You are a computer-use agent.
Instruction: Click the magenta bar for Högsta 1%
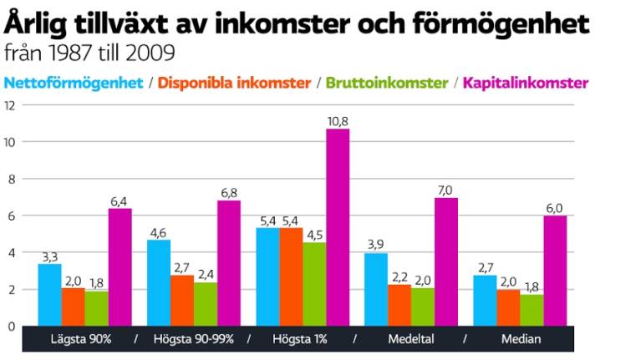pyautogui.click(x=338, y=227)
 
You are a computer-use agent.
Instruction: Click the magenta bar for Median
pyautogui.click(x=555, y=271)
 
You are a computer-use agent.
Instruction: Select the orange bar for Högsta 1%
pyautogui.click(x=292, y=276)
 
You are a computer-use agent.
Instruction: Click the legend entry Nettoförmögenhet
pyautogui.click(x=74, y=83)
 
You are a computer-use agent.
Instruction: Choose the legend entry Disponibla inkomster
pyautogui.click(x=234, y=83)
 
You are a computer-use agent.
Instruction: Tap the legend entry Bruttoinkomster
pyautogui.click(x=386, y=83)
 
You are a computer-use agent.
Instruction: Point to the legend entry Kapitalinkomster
pyautogui.click(x=526, y=83)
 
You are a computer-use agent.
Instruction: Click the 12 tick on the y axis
pyautogui.click(x=10, y=105)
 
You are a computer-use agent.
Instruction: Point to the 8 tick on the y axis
pyautogui.click(x=11, y=179)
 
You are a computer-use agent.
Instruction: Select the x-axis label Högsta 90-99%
pyautogui.click(x=193, y=339)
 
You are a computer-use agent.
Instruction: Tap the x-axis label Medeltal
pyautogui.click(x=410, y=339)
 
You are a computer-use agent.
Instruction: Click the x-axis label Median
pyautogui.click(x=521, y=339)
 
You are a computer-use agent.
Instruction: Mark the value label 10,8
pyautogui.click(x=338, y=121)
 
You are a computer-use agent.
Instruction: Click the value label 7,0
pyautogui.click(x=445, y=190)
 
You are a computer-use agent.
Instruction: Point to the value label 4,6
pyautogui.click(x=158, y=232)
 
